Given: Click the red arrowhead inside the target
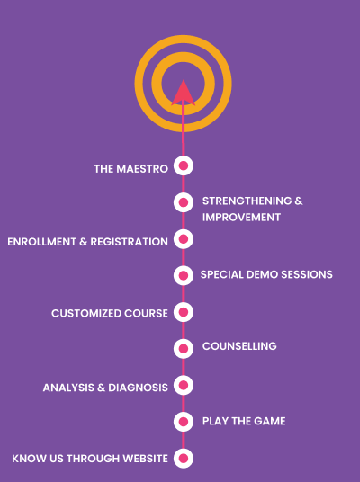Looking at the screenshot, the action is coord(184,94).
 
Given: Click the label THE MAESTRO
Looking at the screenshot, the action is coord(131,169).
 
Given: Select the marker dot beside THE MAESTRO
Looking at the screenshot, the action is coord(184,165).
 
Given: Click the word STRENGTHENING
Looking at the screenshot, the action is coord(247,201).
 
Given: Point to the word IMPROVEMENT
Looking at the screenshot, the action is coord(241,218).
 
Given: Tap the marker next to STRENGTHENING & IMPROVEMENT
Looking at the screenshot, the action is coord(184,202).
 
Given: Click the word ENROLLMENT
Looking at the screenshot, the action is coord(41,242).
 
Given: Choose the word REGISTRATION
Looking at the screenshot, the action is coord(130,242).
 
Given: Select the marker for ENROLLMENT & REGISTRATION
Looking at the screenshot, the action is coord(184,239).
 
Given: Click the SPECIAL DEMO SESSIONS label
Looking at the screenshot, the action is coord(266,274).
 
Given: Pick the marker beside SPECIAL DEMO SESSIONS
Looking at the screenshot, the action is coord(184,275).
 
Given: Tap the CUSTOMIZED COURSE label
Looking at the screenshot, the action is coord(110,313).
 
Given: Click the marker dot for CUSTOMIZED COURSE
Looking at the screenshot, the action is coord(184,312).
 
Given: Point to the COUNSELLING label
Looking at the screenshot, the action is coord(239,346).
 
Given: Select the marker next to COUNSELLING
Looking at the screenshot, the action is coord(184,349).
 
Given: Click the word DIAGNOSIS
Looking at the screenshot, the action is coord(139,388).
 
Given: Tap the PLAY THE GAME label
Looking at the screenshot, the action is coord(244,421).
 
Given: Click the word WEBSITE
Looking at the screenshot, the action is coord(145,459).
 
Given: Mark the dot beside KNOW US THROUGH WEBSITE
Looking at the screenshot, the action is coord(184,458).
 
